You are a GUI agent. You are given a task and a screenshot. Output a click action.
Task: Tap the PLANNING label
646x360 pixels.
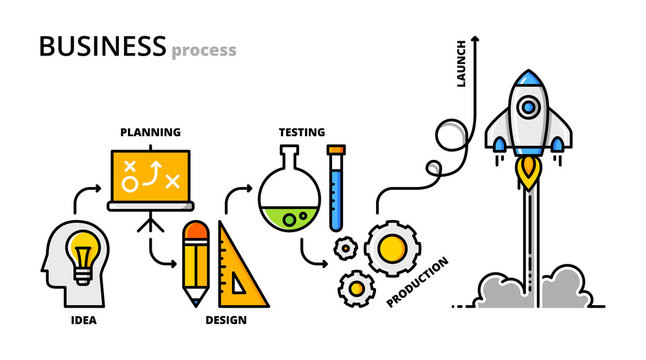tap(150, 131)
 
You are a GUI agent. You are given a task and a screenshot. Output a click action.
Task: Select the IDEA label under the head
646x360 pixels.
tap(84, 321)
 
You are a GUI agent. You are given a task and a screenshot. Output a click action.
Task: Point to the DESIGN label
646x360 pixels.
tap(226, 321)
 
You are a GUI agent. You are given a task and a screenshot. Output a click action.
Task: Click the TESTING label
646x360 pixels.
tap(301, 131)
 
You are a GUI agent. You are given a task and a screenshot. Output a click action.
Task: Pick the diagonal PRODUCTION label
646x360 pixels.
tap(417, 283)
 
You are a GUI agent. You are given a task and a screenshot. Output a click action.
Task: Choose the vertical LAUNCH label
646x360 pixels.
tap(461, 63)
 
